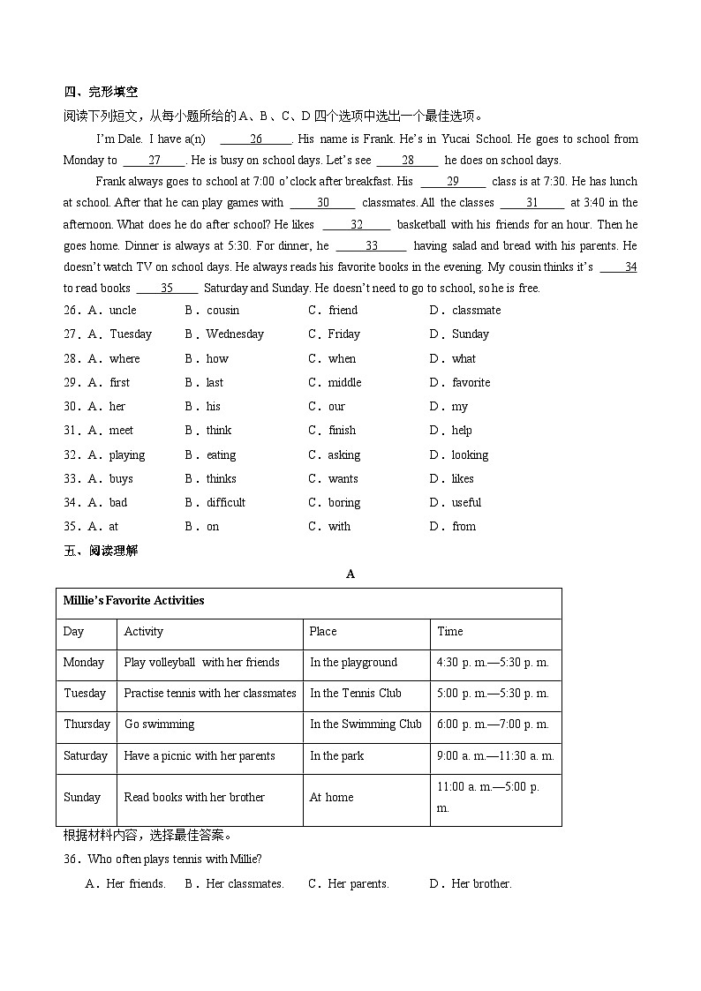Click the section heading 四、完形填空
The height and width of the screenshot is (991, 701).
(101, 92)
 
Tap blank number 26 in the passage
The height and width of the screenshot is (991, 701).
(255, 139)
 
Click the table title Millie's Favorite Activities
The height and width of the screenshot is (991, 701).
(133, 600)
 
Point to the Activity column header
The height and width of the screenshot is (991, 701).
(143, 631)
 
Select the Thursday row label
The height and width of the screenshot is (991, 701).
(87, 724)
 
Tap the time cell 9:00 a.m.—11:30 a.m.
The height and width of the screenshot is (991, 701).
(495, 755)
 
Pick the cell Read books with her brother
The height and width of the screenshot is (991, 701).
(194, 797)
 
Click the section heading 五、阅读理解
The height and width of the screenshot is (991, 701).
(101, 551)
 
